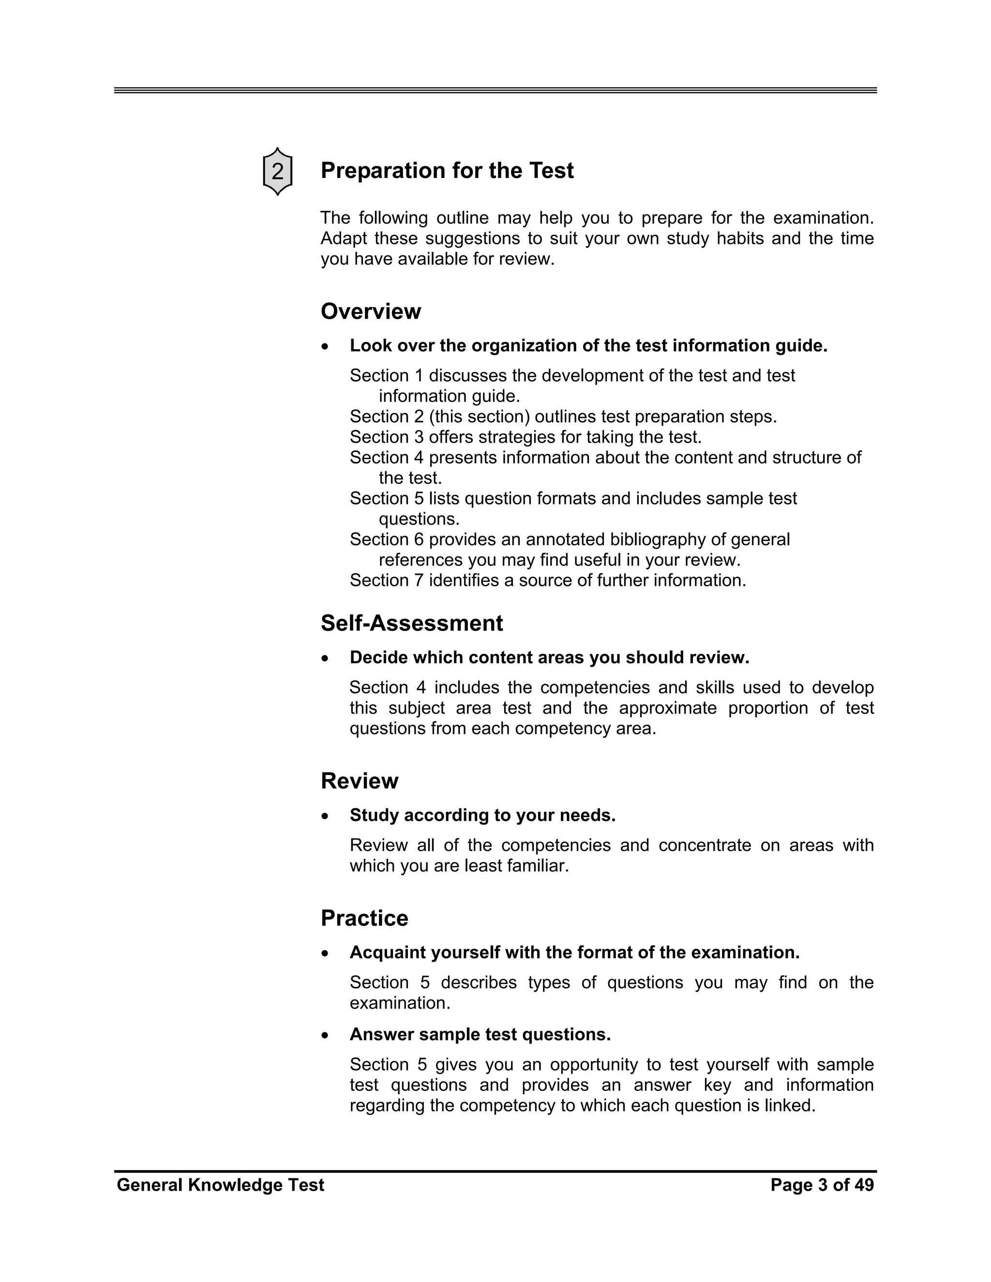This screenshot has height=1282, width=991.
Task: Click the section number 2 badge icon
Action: point(277,171)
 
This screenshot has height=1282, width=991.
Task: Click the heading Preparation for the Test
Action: point(447,171)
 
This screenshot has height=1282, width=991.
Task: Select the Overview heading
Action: point(371,312)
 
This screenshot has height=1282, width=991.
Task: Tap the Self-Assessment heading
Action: point(412,624)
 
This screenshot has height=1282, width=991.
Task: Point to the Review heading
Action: point(360,781)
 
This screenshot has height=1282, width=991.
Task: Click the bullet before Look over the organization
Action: point(326,347)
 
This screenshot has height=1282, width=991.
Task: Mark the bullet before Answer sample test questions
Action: point(326,1035)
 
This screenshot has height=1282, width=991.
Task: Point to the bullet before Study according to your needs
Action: point(326,817)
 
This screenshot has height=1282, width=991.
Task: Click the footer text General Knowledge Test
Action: point(220,1185)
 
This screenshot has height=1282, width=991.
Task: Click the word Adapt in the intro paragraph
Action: point(344,239)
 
